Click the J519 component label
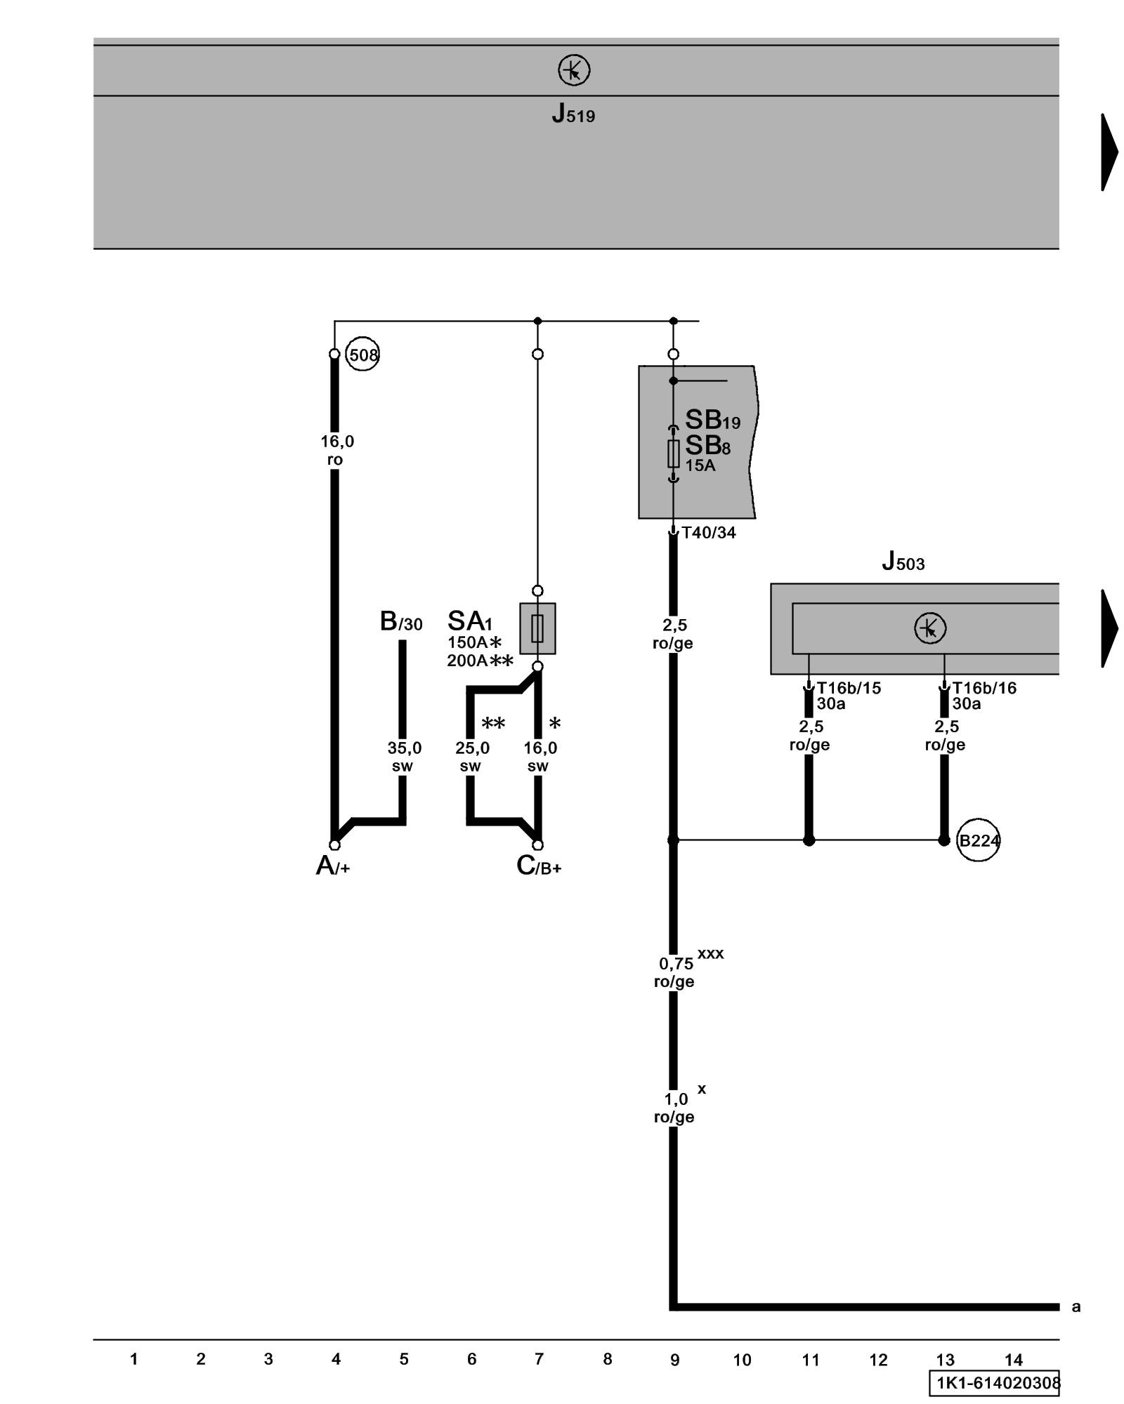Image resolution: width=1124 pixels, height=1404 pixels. (x=573, y=114)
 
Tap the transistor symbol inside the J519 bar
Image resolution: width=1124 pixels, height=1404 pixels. (x=574, y=71)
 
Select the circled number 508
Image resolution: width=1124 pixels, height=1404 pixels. (x=362, y=355)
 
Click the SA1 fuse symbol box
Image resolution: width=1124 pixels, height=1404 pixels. (x=537, y=628)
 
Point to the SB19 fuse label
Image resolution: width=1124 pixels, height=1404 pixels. (x=712, y=420)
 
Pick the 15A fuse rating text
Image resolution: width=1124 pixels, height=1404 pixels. (x=700, y=465)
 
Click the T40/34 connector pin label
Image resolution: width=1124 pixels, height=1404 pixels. (x=709, y=533)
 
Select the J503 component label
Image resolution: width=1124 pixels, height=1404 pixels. (x=903, y=562)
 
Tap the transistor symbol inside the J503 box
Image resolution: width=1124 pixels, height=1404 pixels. (x=930, y=628)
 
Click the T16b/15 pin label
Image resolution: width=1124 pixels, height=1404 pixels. (x=849, y=688)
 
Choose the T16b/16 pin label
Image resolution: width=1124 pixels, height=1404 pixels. (x=984, y=688)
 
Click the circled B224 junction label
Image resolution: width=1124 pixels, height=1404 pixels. (x=979, y=840)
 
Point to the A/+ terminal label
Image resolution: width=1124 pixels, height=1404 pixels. (x=332, y=866)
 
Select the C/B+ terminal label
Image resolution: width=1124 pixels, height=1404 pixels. (x=538, y=866)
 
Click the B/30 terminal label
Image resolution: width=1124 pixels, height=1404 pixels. (x=401, y=621)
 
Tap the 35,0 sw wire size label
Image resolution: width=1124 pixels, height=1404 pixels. (x=404, y=757)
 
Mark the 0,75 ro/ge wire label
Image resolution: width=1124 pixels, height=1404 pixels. (x=674, y=972)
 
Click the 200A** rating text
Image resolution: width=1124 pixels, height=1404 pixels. (x=480, y=661)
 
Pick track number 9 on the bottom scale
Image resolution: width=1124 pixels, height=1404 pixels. (x=674, y=1360)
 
